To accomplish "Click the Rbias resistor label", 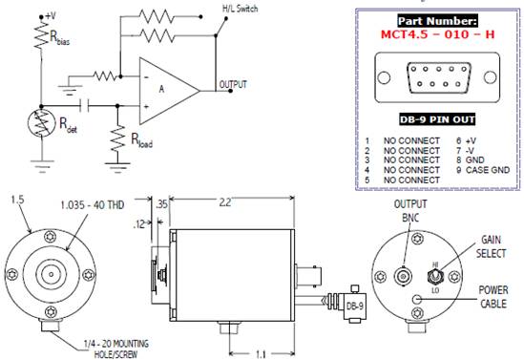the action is tap(60, 38).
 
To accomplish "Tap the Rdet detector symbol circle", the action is tap(41, 122).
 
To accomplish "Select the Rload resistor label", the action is tap(142, 140).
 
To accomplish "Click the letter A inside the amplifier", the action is tap(161, 89).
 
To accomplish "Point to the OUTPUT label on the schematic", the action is tap(233, 85).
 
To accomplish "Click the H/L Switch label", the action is tap(241, 9).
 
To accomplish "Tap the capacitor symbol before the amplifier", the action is tap(85, 106).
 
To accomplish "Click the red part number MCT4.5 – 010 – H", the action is tap(437, 34).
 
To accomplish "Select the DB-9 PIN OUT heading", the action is tap(437, 119).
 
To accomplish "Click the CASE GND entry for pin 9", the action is tap(488, 170).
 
